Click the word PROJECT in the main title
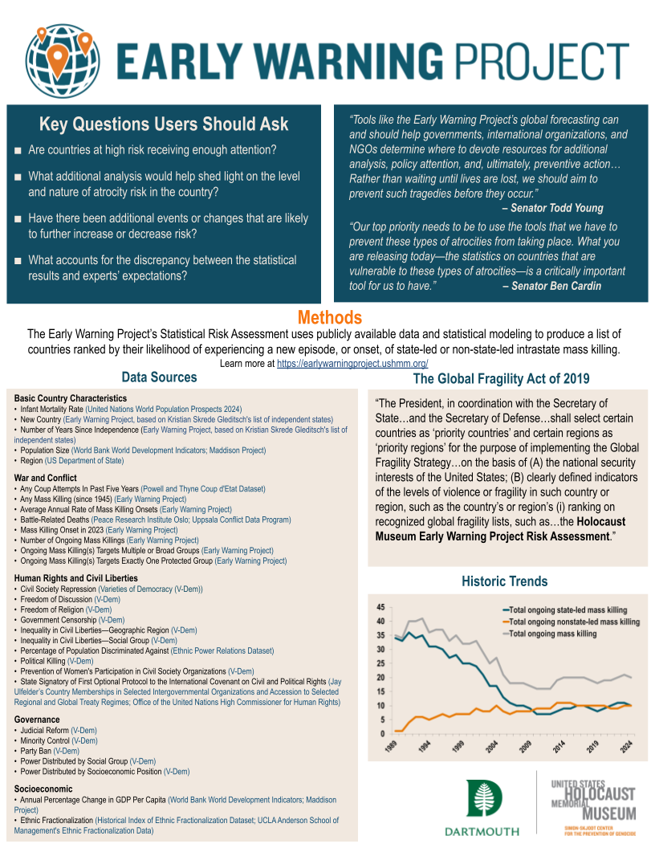[x=538, y=59]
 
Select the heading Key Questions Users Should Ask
[x=164, y=124]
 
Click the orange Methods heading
[x=329, y=318]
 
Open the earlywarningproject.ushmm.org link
[x=352, y=364]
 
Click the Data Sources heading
[x=159, y=377]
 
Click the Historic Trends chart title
[x=504, y=581]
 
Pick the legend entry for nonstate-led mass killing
[x=574, y=622]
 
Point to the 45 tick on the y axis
[x=380, y=607]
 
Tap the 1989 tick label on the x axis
[x=391, y=746]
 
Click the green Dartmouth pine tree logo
[x=484, y=798]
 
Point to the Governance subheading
[x=37, y=720]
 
